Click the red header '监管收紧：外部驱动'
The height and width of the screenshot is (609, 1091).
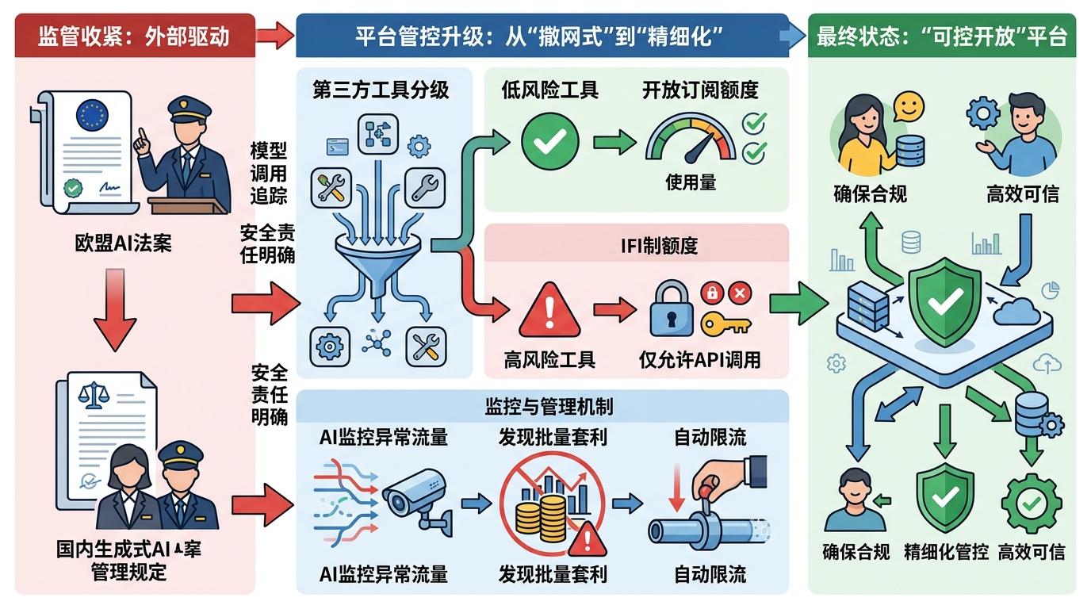pyautogui.click(x=134, y=36)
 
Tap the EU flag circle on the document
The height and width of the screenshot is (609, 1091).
pyautogui.click(x=91, y=114)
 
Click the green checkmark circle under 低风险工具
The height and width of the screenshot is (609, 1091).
pyautogui.click(x=545, y=140)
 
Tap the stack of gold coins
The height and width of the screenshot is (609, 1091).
pyautogui.click(x=538, y=515)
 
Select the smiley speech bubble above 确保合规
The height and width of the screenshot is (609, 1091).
pyautogui.click(x=909, y=106)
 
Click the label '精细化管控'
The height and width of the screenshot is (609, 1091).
pyautogui.click(x=946, y=552)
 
